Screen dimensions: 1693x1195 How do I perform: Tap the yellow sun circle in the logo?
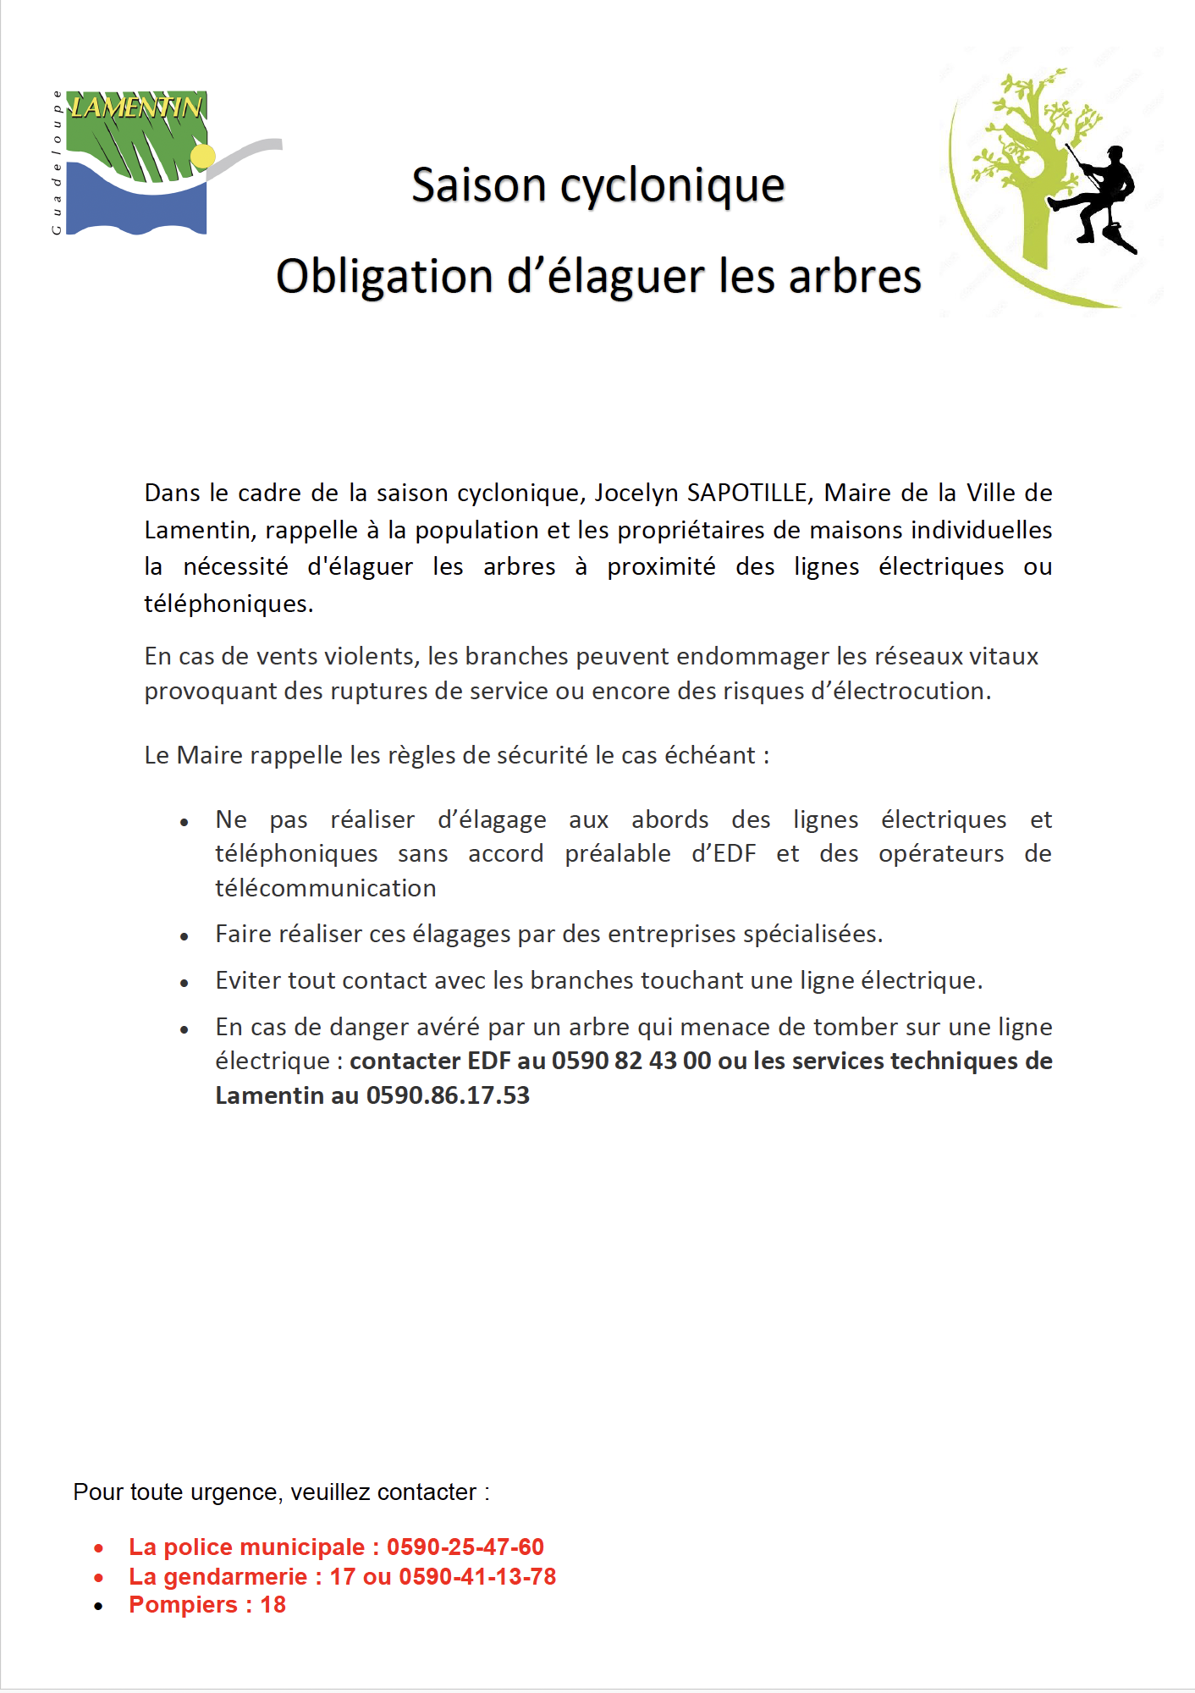(203, 156)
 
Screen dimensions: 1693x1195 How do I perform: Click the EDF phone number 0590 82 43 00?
(631, 1061)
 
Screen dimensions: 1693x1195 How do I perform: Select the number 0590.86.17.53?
(448, 1095)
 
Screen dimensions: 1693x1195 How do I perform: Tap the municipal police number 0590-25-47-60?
(465, 1547)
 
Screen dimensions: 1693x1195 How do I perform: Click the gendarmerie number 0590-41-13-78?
(477, 1576)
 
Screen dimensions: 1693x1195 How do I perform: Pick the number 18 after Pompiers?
(273, 1605)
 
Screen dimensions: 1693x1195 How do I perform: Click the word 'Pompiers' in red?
(183, 1605)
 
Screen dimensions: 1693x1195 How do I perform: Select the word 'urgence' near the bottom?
(233, 1492)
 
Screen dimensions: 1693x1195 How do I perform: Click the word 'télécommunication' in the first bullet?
(326, 888)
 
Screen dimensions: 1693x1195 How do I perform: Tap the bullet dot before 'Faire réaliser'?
(184, 936)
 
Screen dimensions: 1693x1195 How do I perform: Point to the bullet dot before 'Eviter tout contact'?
(184, 983)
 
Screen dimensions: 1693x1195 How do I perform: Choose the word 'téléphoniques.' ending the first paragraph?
(229, 604)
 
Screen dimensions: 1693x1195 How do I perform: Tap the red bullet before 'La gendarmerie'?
(99, 1577)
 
